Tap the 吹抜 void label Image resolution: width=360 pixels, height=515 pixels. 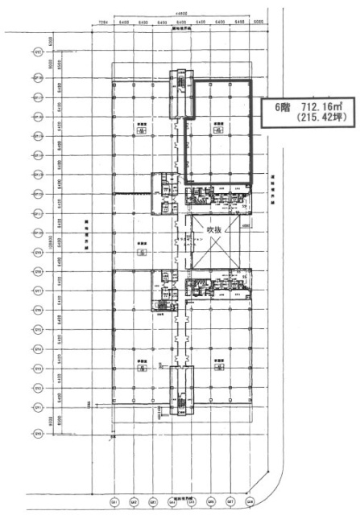coord(213,229)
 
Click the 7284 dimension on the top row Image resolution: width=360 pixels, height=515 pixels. coord(102,23)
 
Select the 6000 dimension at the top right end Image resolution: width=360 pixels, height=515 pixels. coord(257,23)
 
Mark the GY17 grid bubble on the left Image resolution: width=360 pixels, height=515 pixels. coord(38,77)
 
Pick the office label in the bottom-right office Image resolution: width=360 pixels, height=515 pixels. coord(217,364)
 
